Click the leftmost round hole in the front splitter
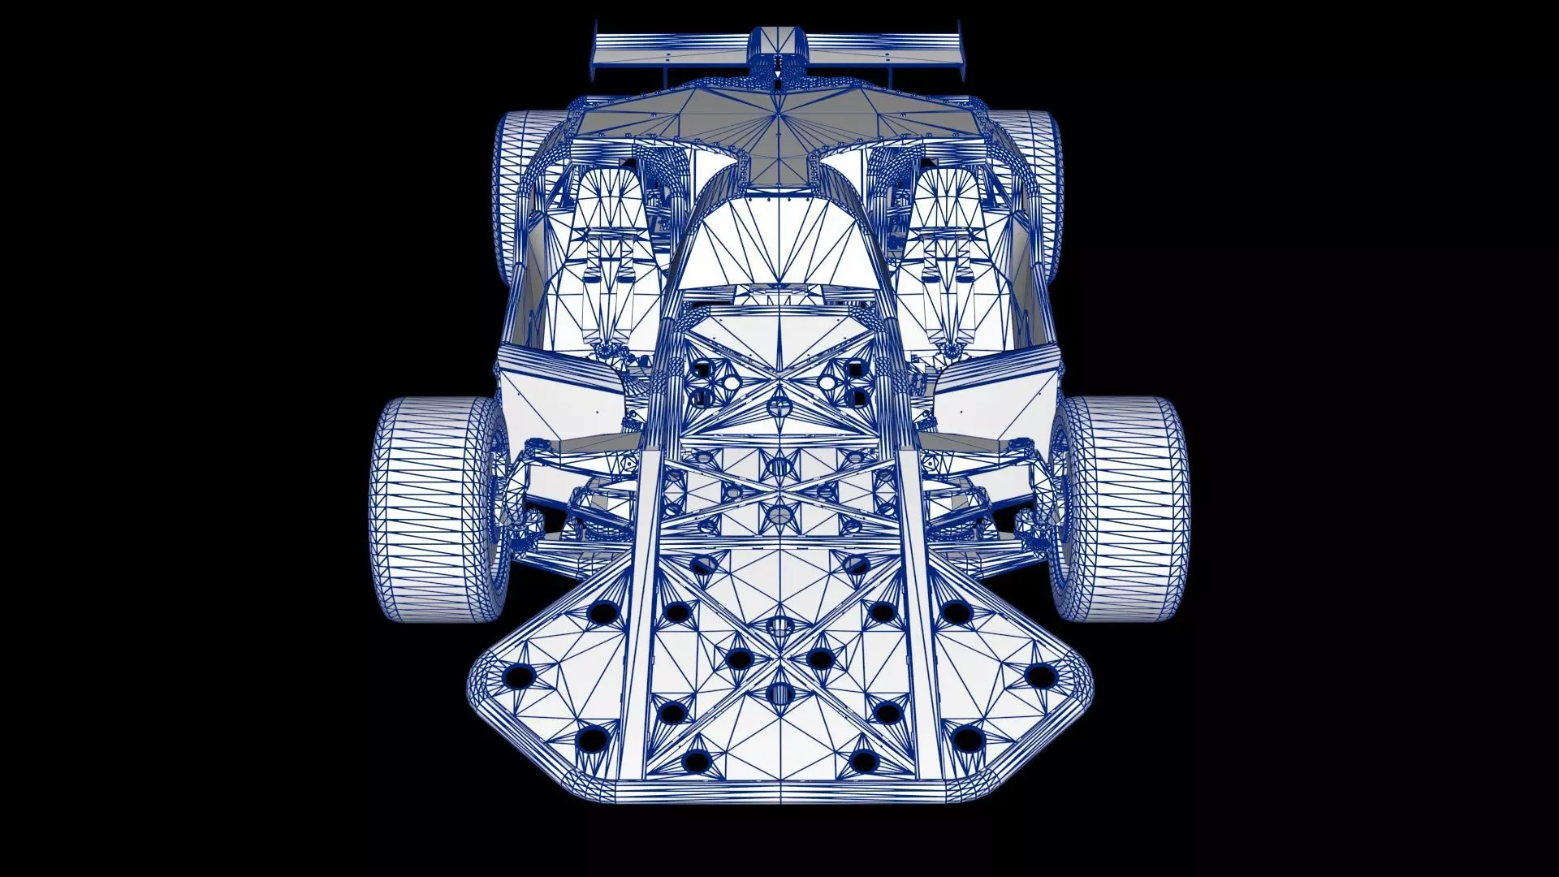[516, 676]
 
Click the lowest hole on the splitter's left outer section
[594, 739]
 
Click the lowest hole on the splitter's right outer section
[966, 739]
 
